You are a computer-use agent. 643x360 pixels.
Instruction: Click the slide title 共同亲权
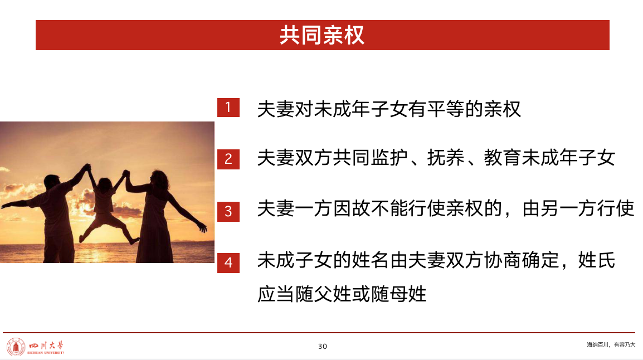(x=322, y=35)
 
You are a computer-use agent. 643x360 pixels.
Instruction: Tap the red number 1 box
(x=228, y=108)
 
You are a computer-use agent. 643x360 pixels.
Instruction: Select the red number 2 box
(x=228, y=159)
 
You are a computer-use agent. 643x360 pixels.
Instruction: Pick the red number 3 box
(x=228, y=211)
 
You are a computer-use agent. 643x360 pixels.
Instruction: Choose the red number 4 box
(x=228, y=263)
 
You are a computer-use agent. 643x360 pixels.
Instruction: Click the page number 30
(x=323, y=347)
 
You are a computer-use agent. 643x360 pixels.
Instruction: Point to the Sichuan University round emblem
(x=16, y=347)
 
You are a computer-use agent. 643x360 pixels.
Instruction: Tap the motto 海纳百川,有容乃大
(x=611, y=345)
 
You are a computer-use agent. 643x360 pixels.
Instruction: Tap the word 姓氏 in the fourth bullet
(x=597, y=260)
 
